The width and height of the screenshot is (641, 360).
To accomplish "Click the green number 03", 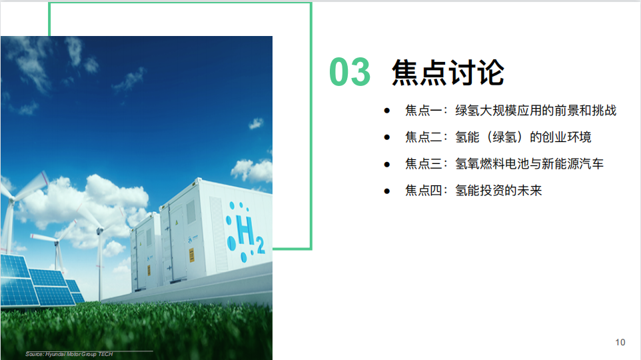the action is (350, 72).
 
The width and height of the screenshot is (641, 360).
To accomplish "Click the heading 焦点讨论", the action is (448, 73).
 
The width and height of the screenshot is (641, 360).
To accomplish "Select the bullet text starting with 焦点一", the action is (510, 111).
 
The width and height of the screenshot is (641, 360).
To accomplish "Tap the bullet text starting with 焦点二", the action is (498, 137).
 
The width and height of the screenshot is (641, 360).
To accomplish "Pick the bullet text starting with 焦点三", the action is (504, 163).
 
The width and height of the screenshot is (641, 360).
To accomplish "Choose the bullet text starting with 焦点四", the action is (473, 190).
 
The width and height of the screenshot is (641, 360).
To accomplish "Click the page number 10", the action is (620, 343).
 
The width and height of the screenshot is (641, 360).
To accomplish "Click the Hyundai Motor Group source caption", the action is (69, 354).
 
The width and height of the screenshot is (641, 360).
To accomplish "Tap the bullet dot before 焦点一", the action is (386, 111).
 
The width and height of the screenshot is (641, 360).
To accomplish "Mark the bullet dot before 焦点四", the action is (386, 191).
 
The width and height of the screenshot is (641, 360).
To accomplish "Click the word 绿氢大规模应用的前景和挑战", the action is (536, 111).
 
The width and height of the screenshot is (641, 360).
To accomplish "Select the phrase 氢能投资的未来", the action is (498, 190).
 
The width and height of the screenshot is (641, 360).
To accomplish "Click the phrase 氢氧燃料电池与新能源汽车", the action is (530, 163).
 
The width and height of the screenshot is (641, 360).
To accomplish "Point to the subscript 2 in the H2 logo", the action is (261, 245).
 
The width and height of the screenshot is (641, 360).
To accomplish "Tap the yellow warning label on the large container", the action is (191, 255).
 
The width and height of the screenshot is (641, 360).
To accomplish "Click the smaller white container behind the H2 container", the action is (145, 251).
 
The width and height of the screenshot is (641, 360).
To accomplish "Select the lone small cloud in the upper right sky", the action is (256, 123).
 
